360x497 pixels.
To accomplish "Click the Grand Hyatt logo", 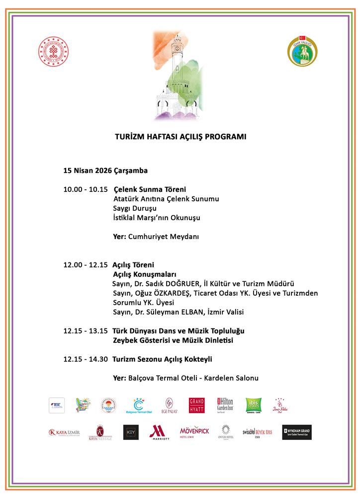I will click(x=196, y=405).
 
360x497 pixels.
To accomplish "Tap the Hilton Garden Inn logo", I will click(x=226, y=405).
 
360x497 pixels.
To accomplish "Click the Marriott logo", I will click(x=159, y=432).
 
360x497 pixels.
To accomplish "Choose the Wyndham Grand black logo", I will click(x=297, y=432).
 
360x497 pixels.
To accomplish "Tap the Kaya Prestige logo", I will click(x=100, y=432).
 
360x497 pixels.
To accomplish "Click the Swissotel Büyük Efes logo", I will click(x=257, y=432).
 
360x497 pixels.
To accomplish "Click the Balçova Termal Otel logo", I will click(x=138, y=406).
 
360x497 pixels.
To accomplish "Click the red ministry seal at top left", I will click(x=56, y=53).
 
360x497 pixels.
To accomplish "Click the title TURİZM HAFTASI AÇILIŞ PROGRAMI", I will click(x=180, y=136).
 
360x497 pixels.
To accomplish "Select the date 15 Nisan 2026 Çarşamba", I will click(x=105, y=170).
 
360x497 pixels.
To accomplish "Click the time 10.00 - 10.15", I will click(x=85, y=189).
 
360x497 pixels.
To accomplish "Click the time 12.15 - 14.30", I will click(x=85, y=359).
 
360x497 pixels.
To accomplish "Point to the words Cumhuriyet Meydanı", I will click(x=164, y=237).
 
